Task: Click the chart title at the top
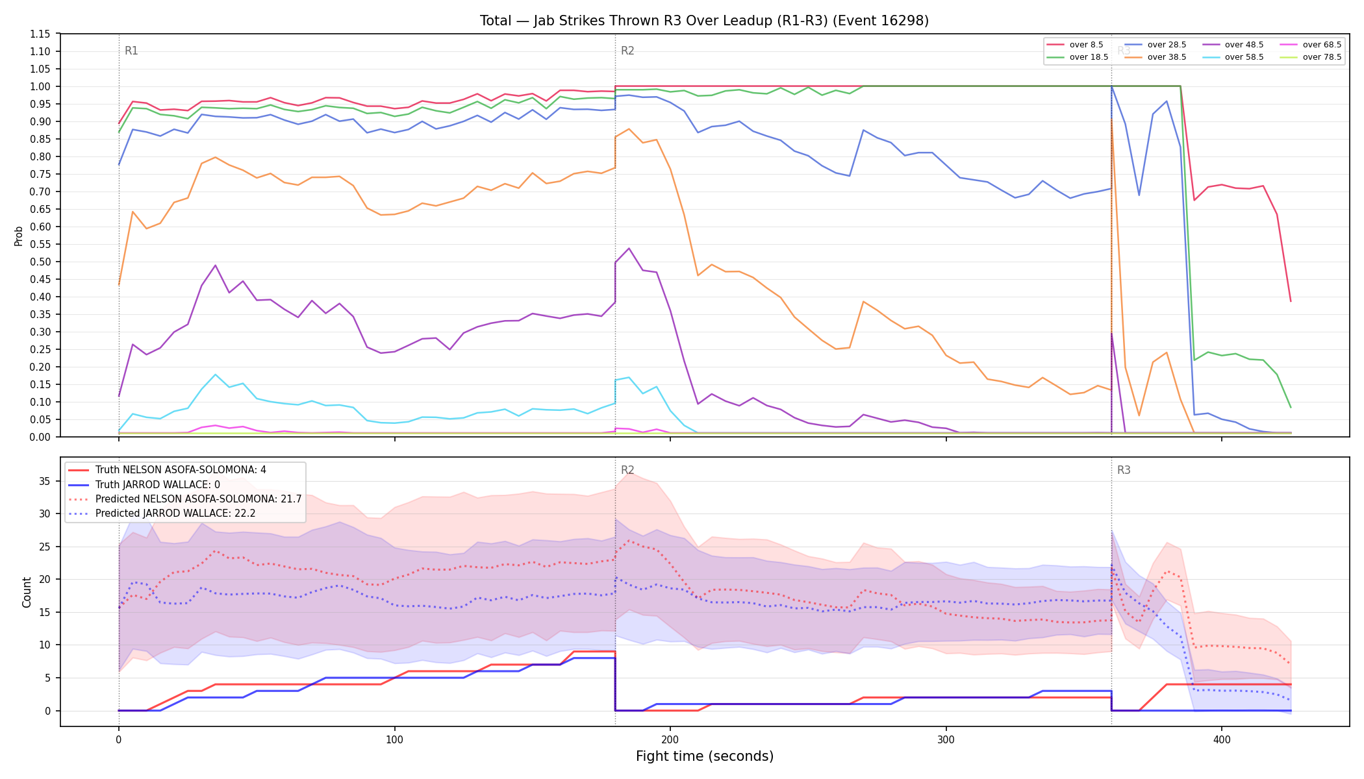704,21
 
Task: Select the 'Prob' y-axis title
18,236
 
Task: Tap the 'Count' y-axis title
27,592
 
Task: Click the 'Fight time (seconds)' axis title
705,756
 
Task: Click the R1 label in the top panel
131,51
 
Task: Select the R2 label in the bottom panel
627,470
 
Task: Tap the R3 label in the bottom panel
1124,470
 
